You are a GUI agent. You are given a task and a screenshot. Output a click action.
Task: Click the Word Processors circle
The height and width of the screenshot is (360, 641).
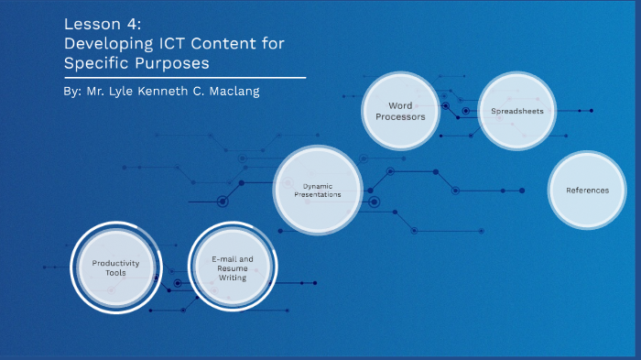[x=399, y=111]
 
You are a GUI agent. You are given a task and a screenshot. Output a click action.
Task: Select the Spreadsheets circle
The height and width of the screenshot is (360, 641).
[x=517, y=111]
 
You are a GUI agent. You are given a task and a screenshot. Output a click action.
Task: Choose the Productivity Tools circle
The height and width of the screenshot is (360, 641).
[x=109, y=267]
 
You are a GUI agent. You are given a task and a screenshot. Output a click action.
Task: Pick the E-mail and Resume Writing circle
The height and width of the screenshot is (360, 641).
[x=232, y=267]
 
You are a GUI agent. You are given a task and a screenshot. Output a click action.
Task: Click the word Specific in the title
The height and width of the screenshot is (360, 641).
[x=93, y=63]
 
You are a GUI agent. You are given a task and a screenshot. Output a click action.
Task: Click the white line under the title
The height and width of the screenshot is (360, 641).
[x=183, y=78]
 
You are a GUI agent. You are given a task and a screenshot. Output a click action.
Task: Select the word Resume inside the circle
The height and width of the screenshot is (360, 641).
[x=233, y=267]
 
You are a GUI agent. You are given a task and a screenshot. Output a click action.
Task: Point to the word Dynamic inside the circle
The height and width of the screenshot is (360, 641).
[x=317, y=186]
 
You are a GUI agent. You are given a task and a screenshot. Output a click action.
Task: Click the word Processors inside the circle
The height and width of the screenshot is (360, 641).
[x=400, y=117]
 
